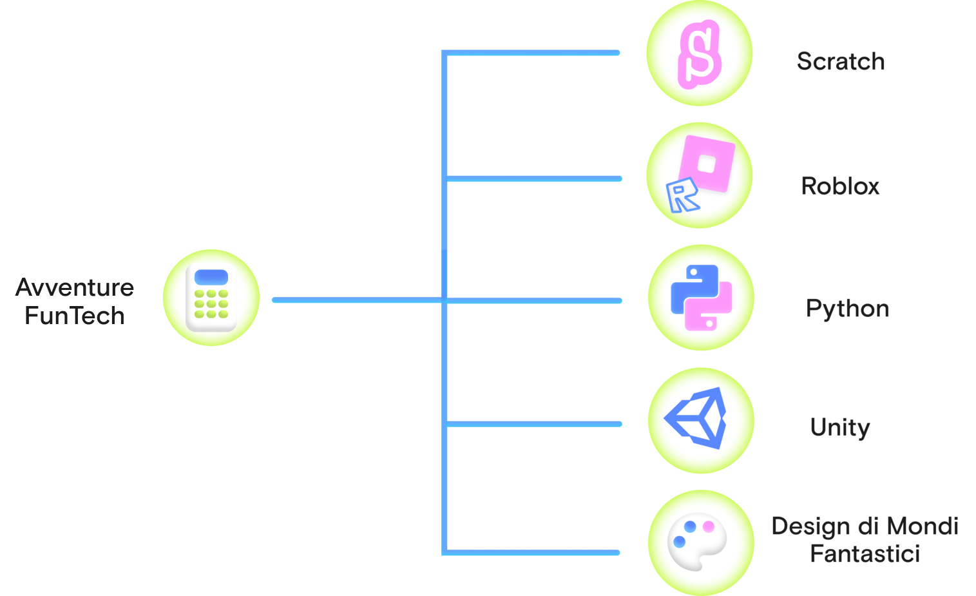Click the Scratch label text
coord(841,61)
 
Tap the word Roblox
coord(840,186)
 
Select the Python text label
coord(847,309)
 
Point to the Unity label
coord(840,427)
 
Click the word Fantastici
coord(865,553)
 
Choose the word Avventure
coord(75,287)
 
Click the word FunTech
coord(75,316)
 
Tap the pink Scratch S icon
coord(699,53)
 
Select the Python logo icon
coord(701,297)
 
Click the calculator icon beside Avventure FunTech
coord(211,298)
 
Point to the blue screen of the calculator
coord(211,278)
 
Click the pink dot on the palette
coord(709,526)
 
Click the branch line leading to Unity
coord(535,424)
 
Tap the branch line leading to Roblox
coord(535,178)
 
